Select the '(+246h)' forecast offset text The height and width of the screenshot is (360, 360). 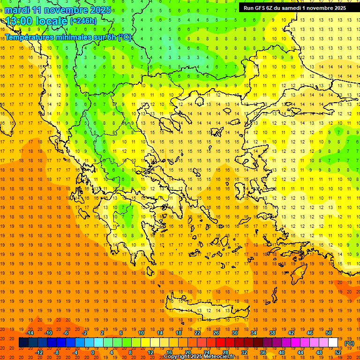click(x=83, y=21)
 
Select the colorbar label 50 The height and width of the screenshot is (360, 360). click(x=328, y=333)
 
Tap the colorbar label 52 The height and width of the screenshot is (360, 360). click(x=337, y=352)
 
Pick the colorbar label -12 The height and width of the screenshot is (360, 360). click(x=39, y=352)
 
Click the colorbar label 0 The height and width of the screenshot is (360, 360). click(x=92, y=352)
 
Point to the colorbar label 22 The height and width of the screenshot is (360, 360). click(x=197, y=333)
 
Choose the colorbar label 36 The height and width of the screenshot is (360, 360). click(x=262, y=352)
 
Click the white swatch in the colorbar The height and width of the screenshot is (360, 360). click(x=333, y=343)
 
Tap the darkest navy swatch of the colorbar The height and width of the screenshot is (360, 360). click(x=23, y=343)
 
